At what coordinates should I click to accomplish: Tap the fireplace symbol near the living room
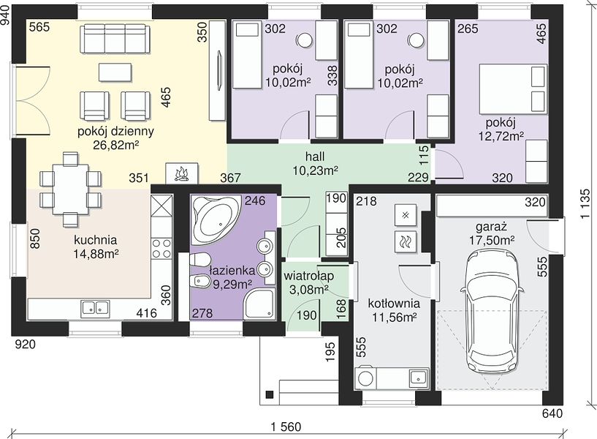[182, 174]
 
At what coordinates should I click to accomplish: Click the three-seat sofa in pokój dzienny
[114, 39]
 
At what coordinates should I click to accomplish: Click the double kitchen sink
[95, 308]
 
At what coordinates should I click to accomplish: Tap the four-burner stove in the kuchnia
[161, 249]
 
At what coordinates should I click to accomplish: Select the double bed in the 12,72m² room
[512, 89]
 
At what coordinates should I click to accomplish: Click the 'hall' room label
[315, 157]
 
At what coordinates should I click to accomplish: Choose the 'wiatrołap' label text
[309, 276]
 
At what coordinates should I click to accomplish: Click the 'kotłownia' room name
[394, 304]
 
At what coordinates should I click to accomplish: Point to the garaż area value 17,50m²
[492, 240]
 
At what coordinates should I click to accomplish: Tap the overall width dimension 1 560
[286, 427]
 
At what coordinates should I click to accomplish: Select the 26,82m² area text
[115, 145]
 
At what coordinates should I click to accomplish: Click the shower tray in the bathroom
[259, 304]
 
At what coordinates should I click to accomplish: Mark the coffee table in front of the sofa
[115, 72]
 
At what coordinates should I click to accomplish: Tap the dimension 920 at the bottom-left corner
[25, 345]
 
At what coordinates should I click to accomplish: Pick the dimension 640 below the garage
[552, 413]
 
